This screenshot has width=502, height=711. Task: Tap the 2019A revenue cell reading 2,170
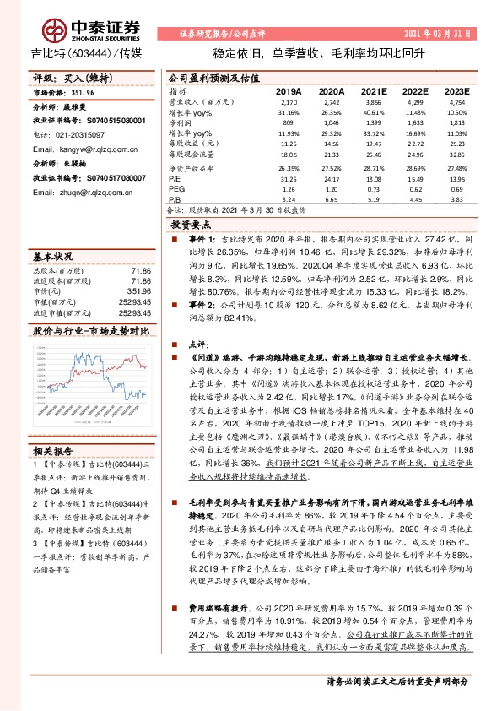pyautogui.click(x=289, y=100)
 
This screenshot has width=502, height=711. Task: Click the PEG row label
pyautogui.click(x=176, y=191)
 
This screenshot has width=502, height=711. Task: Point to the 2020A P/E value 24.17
pyautogui.click(x=331, y=180)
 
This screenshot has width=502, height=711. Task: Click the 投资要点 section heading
pyautogui.click(x=192, y=226)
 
